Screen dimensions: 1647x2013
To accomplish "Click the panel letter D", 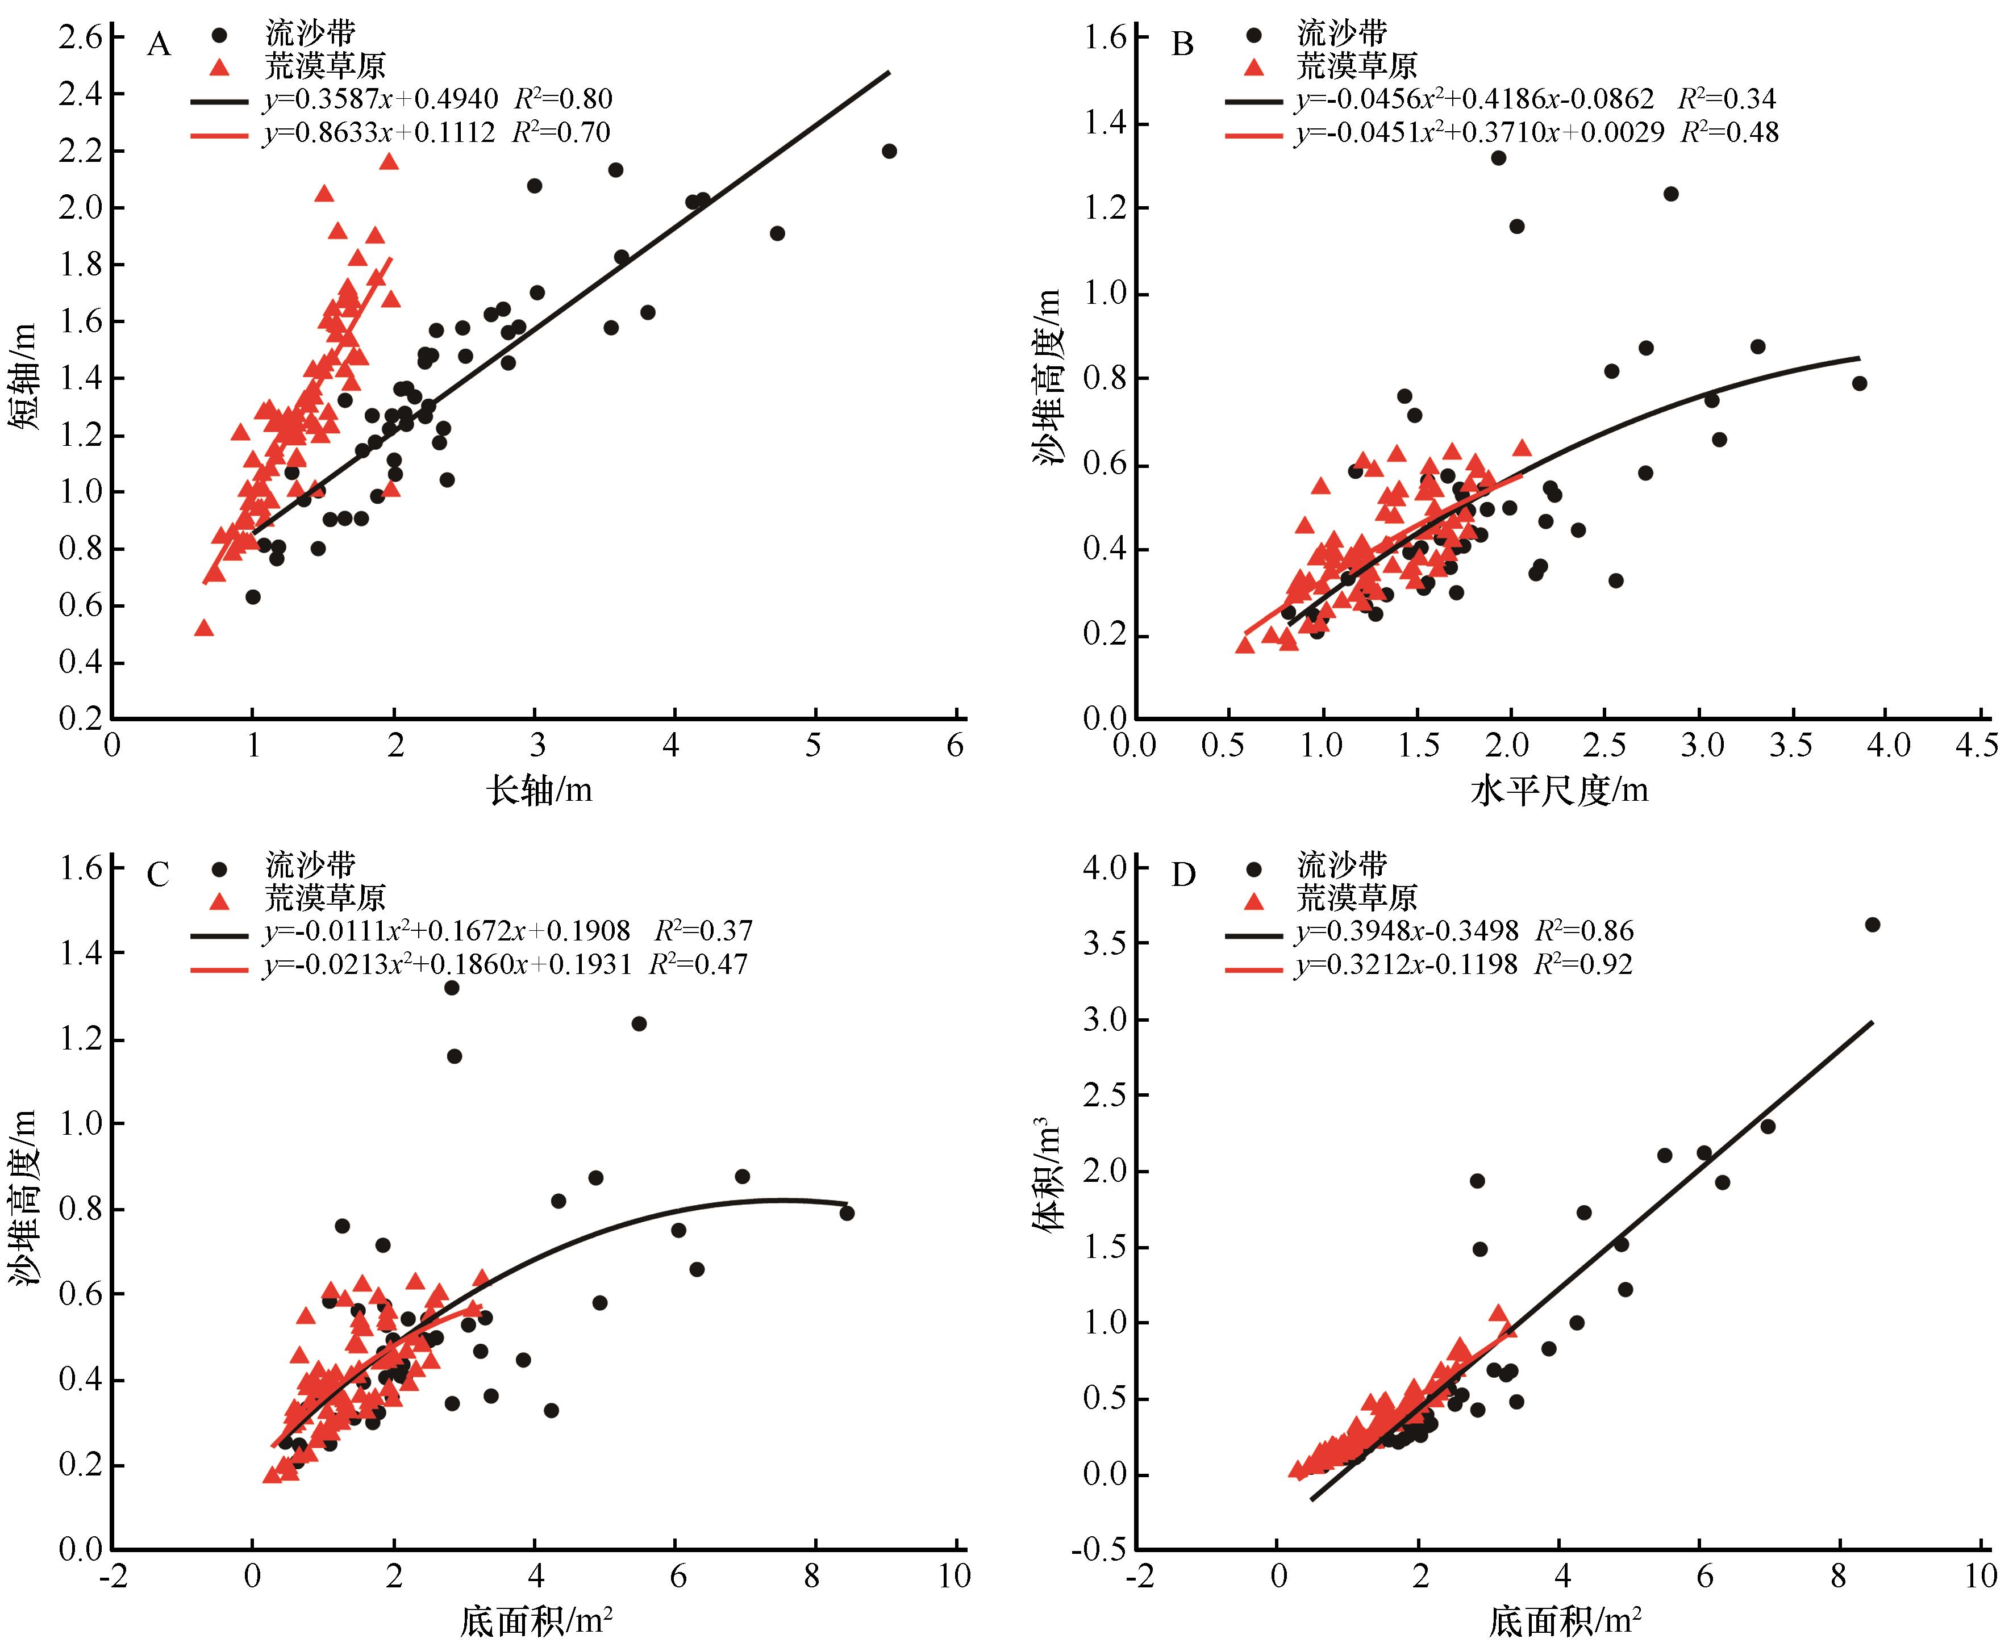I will pyautogui.click(x=1182, y=874).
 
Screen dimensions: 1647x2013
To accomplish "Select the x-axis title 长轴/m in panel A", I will pyautogui.click(x=539, y=789).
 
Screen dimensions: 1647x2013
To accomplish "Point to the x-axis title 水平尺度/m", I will pyautogui.click(x=1558, y=789).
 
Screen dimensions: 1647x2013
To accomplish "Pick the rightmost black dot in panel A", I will pyautogui.click(x=889, y=151).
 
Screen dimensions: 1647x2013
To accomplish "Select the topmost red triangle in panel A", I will pyautogui.click(x=388, y=161).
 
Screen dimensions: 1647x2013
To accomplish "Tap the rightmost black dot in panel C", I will pyautogui.click(x=847, y=1213).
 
